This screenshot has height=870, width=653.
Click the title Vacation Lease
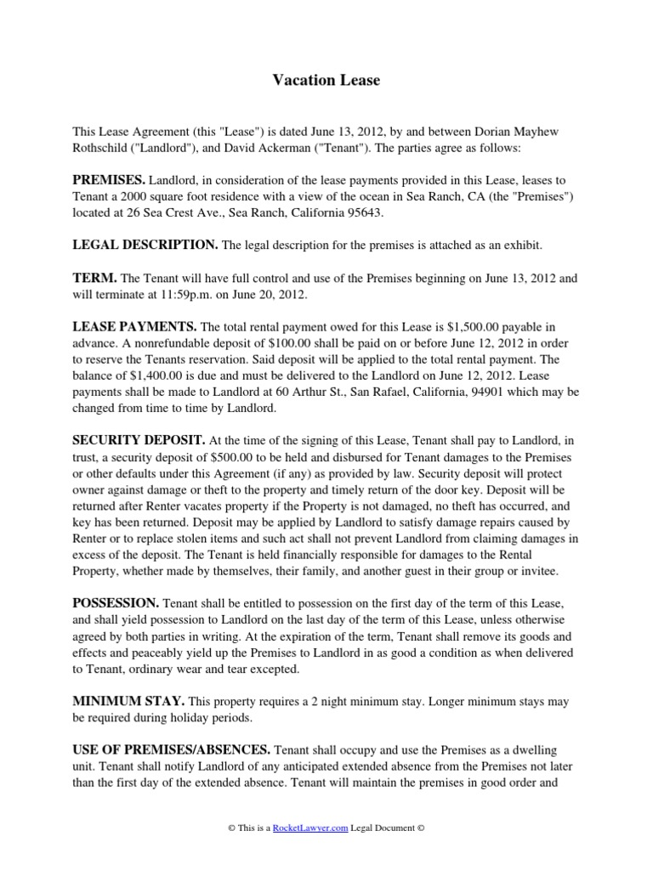[x=326, y=81]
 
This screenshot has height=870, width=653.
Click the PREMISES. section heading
[x=110, y=180]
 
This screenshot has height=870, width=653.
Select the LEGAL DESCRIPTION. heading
[x=145, y=245]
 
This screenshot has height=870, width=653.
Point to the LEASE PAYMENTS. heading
[x=134, y=326]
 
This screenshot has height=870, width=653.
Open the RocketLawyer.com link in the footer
[x=310, y=828]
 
